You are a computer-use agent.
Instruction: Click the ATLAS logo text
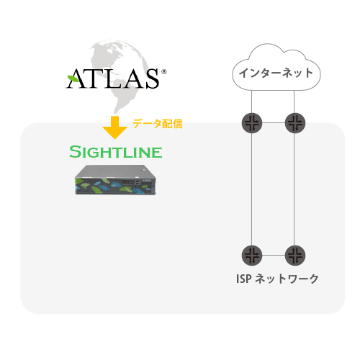[x=112, y=78]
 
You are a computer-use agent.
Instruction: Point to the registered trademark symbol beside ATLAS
[x=164, y=72]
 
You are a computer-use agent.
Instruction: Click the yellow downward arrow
[x=114, y=127]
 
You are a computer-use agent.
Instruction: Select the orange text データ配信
[x=158, y=124]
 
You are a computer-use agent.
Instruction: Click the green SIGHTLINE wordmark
[x=116, y=152]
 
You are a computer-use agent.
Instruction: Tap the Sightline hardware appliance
[x=115, y=180]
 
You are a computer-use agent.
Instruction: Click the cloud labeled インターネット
[x=276, y=68]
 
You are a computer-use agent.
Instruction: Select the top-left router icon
[x=252, y=123]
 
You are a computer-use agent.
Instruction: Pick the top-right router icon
[x=295, y=123]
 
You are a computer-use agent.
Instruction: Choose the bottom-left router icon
[x=252, y=255]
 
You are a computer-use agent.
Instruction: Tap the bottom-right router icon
[x=295, y=255]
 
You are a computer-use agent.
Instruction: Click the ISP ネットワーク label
[x=277, y=279]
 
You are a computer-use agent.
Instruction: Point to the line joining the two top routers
[x=274, y=123]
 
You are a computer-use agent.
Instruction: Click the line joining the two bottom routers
[x=274, y=255]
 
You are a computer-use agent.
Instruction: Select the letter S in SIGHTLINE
[x=75, y=152]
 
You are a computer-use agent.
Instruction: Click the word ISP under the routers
[x=244, y=279]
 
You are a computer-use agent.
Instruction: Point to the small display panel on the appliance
[x=128, y=182]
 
